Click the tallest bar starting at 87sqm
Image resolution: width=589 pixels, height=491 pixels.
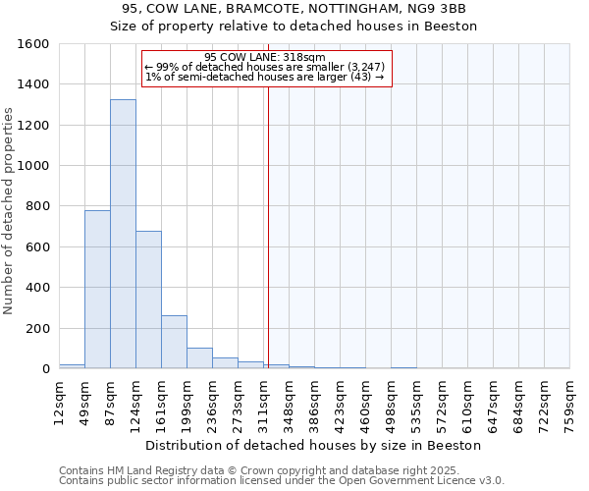123,234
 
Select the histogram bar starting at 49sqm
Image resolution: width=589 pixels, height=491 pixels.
97,290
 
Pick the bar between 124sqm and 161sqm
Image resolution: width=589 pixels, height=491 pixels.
148,300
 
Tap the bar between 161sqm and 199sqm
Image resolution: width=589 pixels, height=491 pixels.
174,342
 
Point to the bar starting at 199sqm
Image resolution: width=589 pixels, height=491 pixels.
199,358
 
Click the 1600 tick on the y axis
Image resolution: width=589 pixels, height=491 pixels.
34,44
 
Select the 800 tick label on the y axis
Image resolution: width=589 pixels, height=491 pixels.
38,207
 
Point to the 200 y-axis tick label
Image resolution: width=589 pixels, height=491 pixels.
38,329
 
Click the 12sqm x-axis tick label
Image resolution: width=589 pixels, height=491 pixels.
59,399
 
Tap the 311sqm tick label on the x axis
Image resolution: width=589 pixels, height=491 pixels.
263,399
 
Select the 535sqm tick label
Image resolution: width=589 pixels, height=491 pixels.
416,399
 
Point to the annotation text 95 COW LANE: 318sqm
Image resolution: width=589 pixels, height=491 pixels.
264,58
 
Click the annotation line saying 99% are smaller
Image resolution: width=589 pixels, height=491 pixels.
264,67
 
